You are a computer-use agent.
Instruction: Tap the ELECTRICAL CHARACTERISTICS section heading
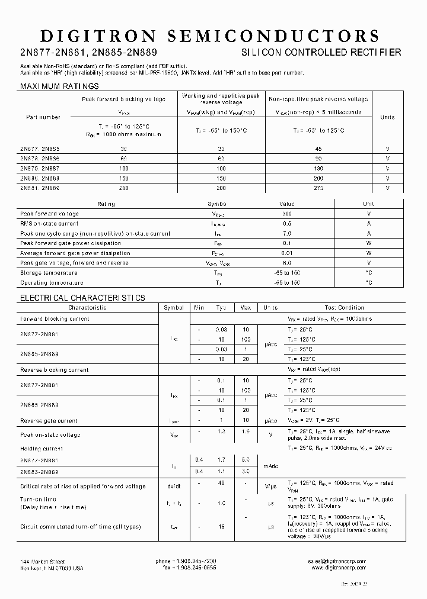(82, 298)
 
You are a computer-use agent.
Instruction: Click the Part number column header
(43, 117)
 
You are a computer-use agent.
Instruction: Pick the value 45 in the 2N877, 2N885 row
(318, 149)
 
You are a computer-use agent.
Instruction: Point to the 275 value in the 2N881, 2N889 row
(318, 188)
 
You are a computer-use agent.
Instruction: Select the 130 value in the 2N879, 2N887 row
(318, 168)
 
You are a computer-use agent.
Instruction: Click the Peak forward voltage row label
(49, 214)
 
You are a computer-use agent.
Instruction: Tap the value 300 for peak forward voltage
(286, 214)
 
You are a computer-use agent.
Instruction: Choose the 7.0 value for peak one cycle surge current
(286, 234)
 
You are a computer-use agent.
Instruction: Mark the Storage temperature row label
(49, 273)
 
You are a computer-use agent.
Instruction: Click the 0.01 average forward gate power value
(286, 253)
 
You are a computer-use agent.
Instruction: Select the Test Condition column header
(343, 308)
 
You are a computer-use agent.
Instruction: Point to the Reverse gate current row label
(49, 421)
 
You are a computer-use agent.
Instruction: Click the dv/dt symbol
(174, 486)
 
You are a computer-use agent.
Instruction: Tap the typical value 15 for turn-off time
(221, 526)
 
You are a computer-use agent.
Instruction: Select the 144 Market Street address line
(43, 561)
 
